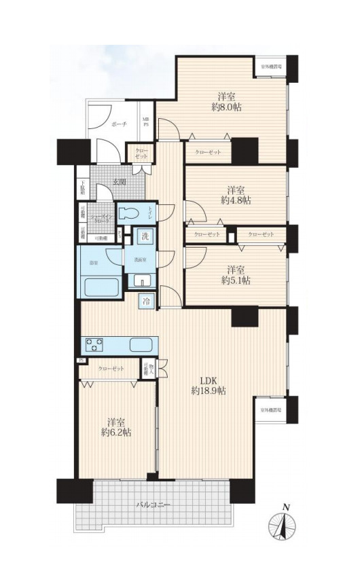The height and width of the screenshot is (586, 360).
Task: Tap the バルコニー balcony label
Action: pos(154,505)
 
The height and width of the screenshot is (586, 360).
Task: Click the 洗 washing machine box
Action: pos(144,237)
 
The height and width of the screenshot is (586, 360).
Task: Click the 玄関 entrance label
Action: pos(121,181)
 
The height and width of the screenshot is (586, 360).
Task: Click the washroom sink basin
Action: pos(142,280)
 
